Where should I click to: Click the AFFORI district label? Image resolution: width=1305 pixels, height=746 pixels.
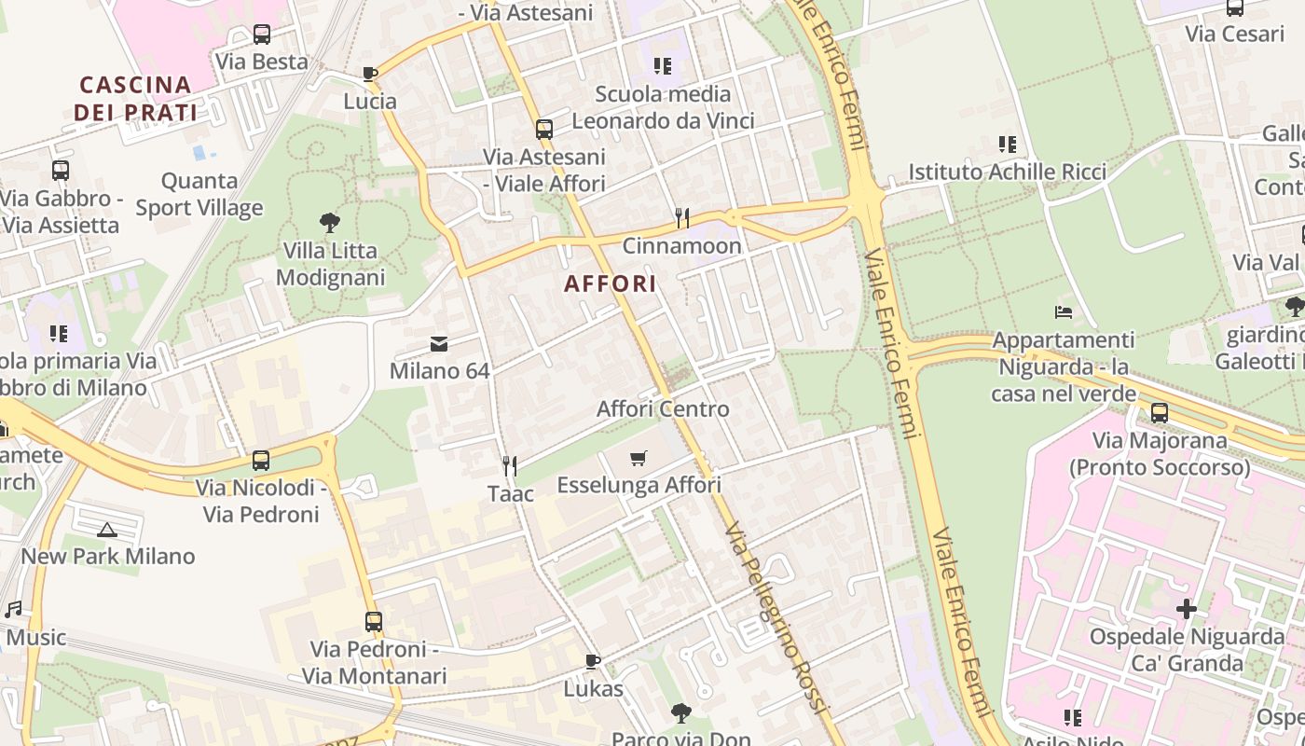point(611,283)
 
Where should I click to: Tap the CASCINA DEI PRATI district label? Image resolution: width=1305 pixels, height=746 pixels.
point(136,99)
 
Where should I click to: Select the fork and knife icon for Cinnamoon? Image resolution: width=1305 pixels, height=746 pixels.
point(682,218)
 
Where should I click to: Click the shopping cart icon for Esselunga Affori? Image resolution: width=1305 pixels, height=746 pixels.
point(639,458)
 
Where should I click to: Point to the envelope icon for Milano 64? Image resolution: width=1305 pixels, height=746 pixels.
point(439,344)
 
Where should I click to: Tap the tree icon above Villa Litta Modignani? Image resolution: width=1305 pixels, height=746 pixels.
point(329,223)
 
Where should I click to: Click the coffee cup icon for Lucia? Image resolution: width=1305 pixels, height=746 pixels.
point(370,74)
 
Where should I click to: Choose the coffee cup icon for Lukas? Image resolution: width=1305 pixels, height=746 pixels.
point(593,661)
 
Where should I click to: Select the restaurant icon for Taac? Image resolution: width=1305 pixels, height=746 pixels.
point(510,465)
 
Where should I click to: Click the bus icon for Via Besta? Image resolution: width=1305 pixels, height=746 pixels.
point(262,35)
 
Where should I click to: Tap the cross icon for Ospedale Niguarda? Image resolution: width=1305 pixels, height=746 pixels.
point(1186,609)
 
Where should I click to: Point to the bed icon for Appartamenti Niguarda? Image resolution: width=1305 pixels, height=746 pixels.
point(1064,311)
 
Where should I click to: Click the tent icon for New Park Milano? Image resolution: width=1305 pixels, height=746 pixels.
point(107,530)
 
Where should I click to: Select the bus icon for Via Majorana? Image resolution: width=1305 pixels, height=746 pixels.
point(1159,412)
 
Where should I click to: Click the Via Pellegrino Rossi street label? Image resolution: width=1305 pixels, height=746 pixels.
point(776,618)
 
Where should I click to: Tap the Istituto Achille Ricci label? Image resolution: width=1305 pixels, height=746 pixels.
point(1008,172)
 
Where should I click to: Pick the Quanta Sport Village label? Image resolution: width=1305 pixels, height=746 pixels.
point(199,194)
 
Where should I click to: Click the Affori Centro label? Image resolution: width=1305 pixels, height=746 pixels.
point(663,408)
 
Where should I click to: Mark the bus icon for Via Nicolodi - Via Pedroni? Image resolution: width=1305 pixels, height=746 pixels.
point(261,461)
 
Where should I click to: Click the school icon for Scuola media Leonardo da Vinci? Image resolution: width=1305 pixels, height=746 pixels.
point(663,66)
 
